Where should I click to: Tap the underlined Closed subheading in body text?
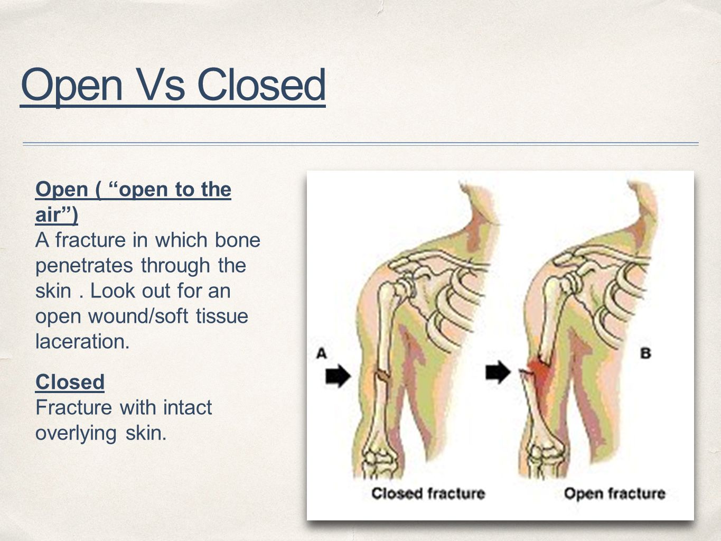[70, 381]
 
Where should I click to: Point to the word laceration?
[82, 342]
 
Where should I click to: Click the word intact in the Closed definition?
[187, 407]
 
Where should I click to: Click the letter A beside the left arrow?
[321, 352]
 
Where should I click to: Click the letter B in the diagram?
[645, 352]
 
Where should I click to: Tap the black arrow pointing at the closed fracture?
[338, 376]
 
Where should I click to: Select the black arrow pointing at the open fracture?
[498, 372]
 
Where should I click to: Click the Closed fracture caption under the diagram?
[428, 493]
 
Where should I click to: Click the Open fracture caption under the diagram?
[614, 493]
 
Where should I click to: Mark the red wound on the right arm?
[538, 372]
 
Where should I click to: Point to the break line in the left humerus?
[381, 376]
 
